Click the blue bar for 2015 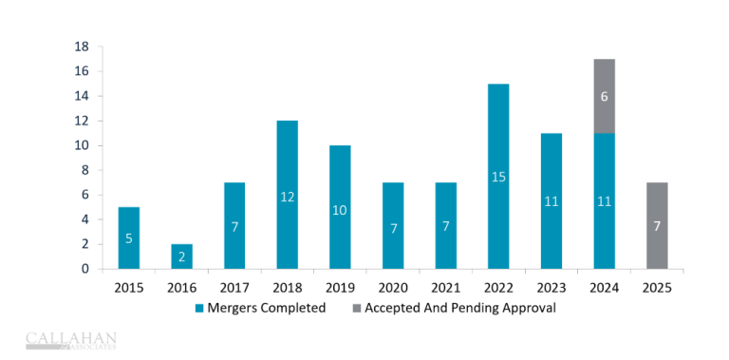coord(129,237)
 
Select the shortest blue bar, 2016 coord(181,256)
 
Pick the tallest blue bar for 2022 coord(498,176)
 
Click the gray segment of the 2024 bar coord(604,96)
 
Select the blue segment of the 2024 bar coord(604,200)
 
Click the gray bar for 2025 coord(657,225)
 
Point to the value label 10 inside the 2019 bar coord(340,210)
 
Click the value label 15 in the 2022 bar coord(498,177)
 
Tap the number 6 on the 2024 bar coord(604,96)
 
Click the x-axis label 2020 coord(393,287)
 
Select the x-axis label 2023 coord(551,287)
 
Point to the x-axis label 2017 coord(234,287)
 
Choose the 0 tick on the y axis coord(85,269)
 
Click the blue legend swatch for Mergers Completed coord(200,308)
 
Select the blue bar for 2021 coord(445,225)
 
